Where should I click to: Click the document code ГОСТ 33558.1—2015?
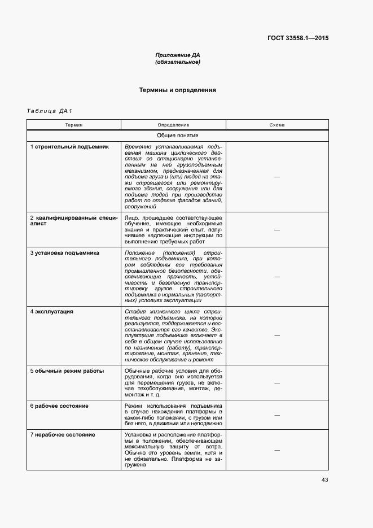[298, 38]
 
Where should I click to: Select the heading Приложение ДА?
[178, 55]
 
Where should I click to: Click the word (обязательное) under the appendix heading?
[178, 62]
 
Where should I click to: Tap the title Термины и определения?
[178, 90]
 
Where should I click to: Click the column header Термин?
[74, 125]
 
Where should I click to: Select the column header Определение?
[173, 125]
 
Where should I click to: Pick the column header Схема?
[277, 125]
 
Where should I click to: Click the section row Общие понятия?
[178, 136]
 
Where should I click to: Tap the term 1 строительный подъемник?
[69, 147]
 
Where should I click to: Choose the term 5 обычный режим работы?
[67, 370]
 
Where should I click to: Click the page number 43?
[324, 480]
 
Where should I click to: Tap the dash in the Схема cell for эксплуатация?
[277, 335]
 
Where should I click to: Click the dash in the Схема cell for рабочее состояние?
[277, 415]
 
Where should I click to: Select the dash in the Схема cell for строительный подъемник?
[277, 177]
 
